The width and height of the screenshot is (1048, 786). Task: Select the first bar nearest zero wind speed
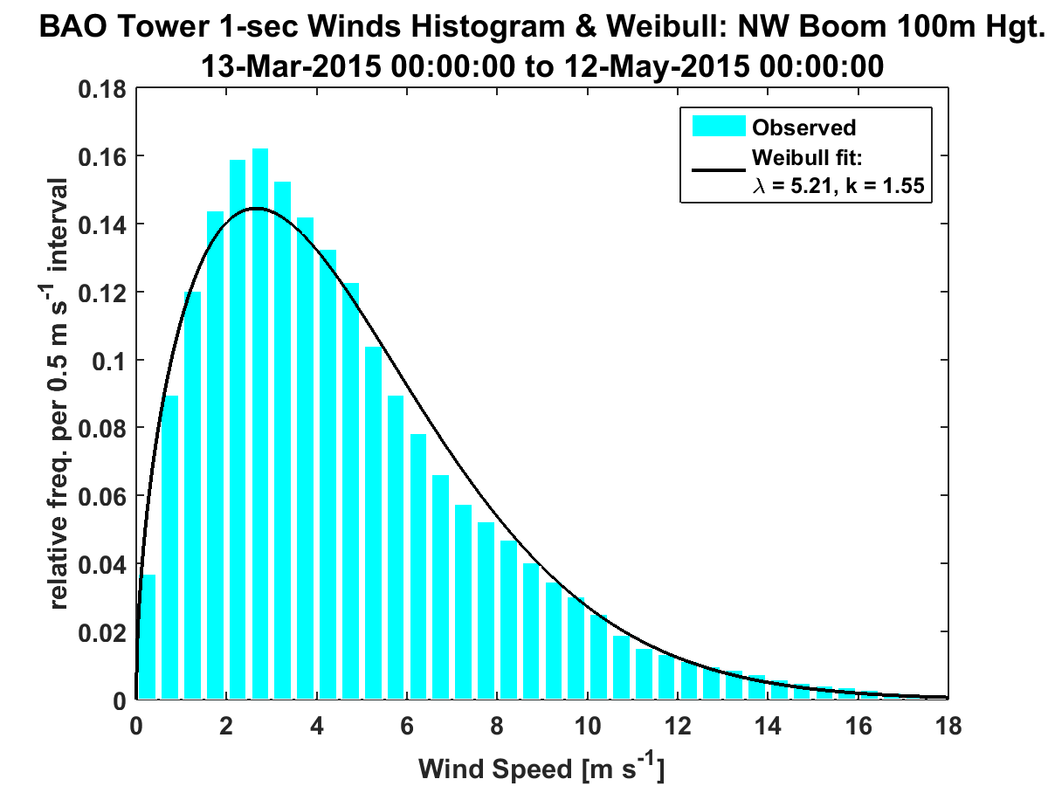click(148, 638)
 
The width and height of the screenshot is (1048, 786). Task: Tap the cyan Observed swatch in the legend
click(720, 127)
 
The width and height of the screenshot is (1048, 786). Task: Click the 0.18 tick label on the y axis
click(102, 89)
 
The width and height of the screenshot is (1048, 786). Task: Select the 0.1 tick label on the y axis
click(109, 361)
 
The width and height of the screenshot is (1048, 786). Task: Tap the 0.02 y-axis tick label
click(102, 632)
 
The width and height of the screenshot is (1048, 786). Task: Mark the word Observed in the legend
click(803, 128)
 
